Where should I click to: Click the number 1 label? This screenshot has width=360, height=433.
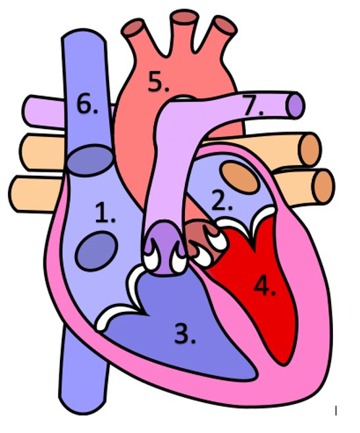point(105,213)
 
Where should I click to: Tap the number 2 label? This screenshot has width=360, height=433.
point(222,200)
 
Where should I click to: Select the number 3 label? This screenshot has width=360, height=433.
point(185,334)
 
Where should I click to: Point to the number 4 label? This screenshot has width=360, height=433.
point(265,286)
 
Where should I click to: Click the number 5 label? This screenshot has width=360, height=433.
point(159,81)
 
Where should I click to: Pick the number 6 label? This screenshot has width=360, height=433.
point(88,103)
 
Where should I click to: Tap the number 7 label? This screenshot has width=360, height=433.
point(253,105)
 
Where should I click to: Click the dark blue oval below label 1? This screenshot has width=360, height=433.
point(97,251)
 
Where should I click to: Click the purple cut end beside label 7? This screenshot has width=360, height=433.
point(296,107)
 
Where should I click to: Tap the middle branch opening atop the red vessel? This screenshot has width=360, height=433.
point(184,17)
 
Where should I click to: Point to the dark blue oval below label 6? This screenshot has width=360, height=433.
point(91,160)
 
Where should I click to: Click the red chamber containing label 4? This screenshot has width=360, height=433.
point(265,287)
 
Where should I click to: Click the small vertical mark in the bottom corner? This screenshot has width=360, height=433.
point(336,411)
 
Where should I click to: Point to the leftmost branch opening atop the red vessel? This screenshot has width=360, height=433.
point(133,27)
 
